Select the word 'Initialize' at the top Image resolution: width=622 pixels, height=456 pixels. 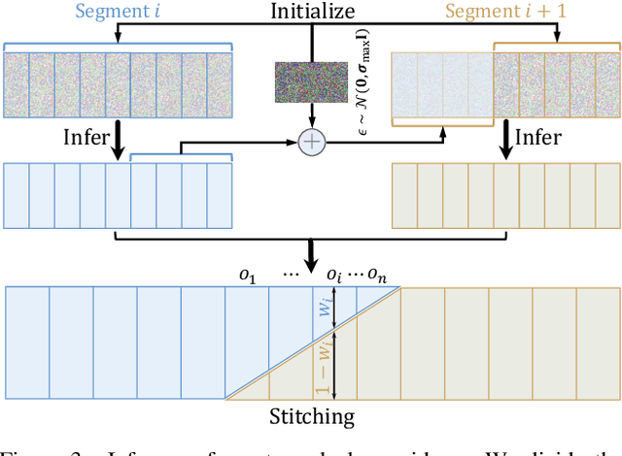click(311, 14)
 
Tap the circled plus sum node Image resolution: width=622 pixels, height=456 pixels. click(311, 142)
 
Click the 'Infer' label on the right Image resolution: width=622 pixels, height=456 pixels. click(536, 137)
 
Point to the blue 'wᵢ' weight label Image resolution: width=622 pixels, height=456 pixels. click(328, 312)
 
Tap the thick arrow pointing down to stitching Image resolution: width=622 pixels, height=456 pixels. click(311, 254)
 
